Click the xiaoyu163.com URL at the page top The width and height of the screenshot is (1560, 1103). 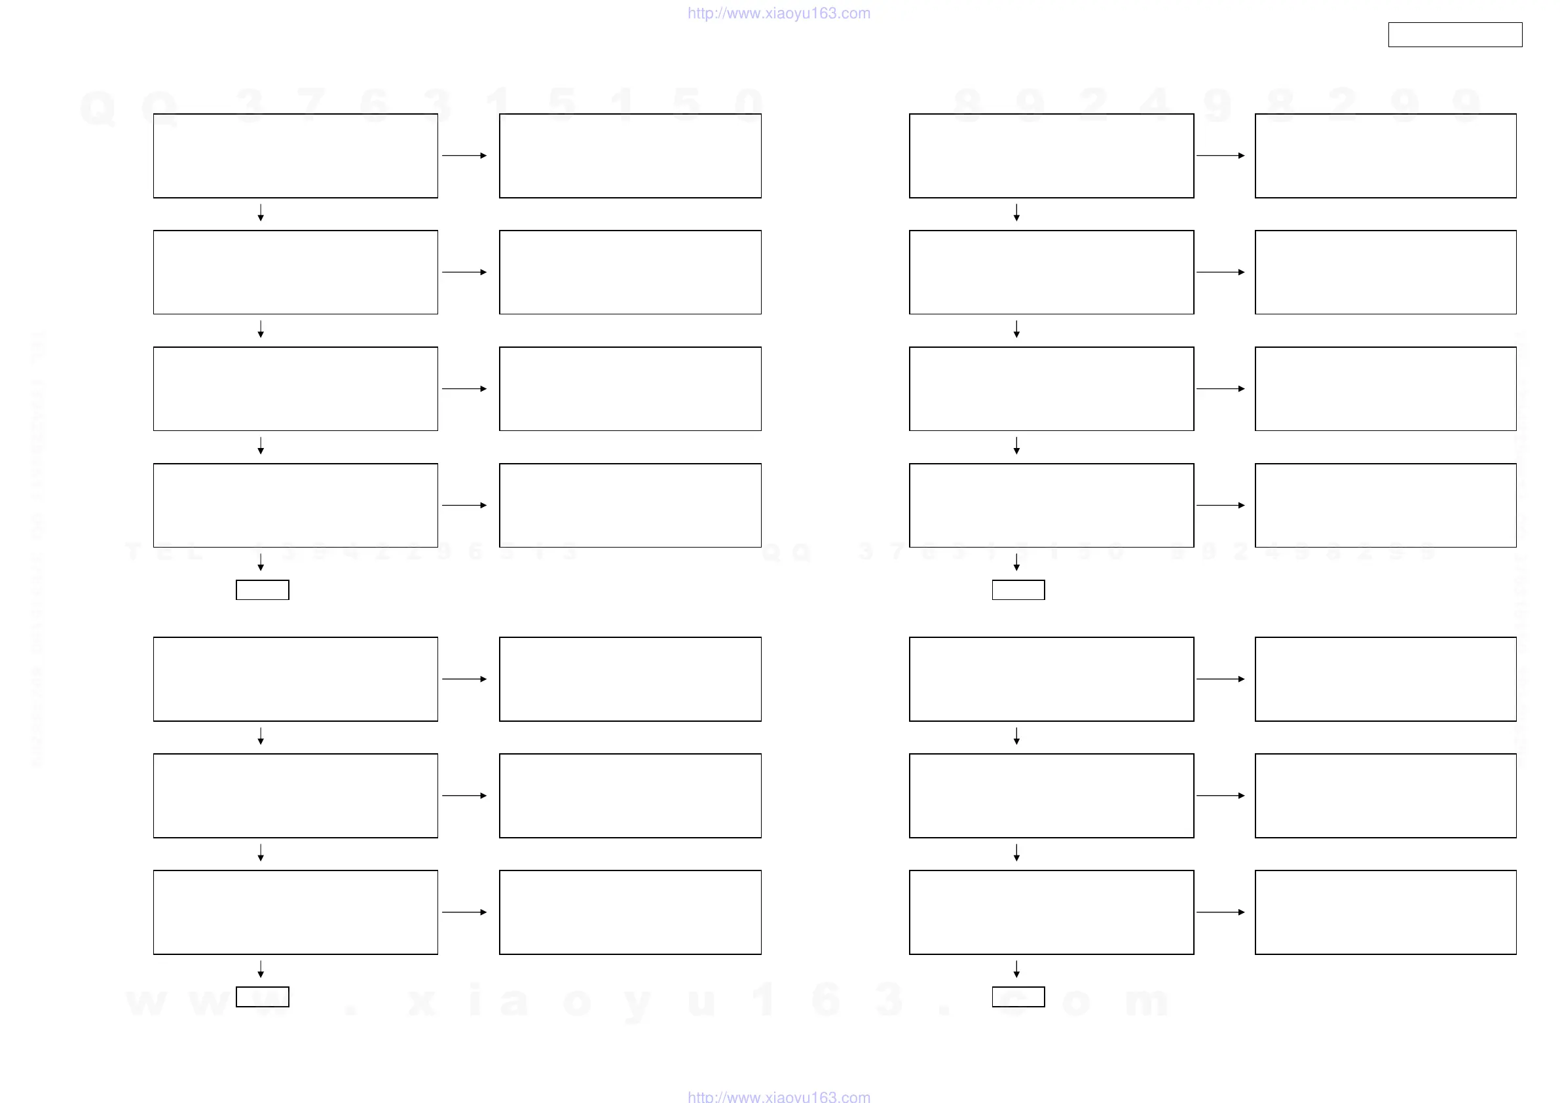(x=779, y=13)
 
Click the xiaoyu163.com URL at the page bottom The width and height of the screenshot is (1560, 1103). (x=779, y=1096)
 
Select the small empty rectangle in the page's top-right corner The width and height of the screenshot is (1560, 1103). (x=1455, y=35)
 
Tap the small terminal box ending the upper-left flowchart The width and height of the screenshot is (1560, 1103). (x=262, y=590)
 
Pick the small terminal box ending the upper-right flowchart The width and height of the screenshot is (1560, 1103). (x=1018, y=590)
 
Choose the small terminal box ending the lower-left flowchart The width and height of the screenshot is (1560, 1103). (x=262, y=996)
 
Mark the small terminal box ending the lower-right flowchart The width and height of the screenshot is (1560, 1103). (x=1018, y=996)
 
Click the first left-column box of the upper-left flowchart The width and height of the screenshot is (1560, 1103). (x=295, y=156)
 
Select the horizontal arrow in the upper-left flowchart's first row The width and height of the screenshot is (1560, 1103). (x=464, y=156)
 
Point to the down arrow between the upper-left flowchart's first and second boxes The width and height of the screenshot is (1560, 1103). (x=260, y=213)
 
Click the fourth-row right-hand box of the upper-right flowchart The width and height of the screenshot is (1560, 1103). (x=1385, y=505)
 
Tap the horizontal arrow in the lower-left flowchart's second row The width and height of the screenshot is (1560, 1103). (x=464, y=795)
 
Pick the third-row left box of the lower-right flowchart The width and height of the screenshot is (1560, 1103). (x=1051, y=912)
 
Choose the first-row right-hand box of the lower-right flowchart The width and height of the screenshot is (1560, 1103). (x=1385, y=679)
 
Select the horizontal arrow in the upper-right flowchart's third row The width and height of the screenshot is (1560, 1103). (x=1220, y=388)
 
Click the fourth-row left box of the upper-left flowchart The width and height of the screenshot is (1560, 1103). (x=295, y=505)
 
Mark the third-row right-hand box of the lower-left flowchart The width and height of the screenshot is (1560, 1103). (x=630, y=912)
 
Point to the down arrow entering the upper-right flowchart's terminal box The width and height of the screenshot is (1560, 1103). (x=1016, y=562)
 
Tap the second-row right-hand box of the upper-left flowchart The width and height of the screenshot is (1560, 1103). (x=630, y=272)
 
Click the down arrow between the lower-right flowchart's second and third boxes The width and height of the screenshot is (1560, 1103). (x=1016, y=853)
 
